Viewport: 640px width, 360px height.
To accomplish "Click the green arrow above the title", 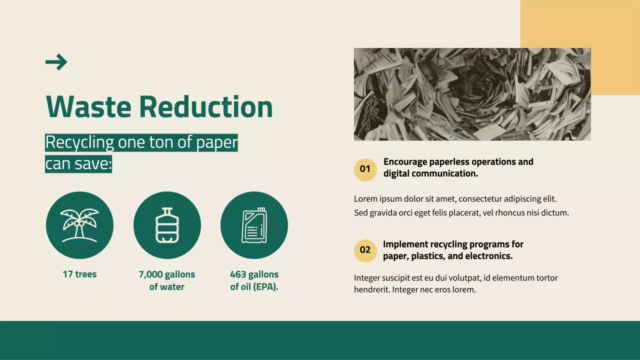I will pyautogui.click(x=56, y=62).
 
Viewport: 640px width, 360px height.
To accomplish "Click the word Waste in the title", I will pyautogui.click(x=88, y=106).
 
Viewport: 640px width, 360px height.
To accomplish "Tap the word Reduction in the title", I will pyautogui.click(x=205, y=106).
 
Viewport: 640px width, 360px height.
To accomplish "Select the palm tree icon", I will pyautogui.click(x=79, y=225).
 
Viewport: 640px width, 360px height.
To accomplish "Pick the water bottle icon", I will pyautogui.click(x=167, y=225).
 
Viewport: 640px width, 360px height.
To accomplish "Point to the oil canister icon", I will pyautogui.click(x=254, y=225).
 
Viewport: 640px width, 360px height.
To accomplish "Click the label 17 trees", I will pyautogui.click(x=79, y=274).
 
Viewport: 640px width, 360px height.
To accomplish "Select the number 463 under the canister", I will pyautogui.click(x=238, y=274).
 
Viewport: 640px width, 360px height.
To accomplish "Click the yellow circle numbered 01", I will pyautogui.click(x=365, y=169).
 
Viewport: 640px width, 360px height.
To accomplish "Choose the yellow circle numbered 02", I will pyautogui.click(x=365, y=250).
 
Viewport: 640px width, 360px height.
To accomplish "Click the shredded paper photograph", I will pyautogui.click(x=472, y=94).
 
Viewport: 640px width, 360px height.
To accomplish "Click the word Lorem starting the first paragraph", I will pyautogui.click(x=365, y=199).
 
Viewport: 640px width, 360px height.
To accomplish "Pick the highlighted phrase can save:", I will pyautogui.click(x=78, y=164).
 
